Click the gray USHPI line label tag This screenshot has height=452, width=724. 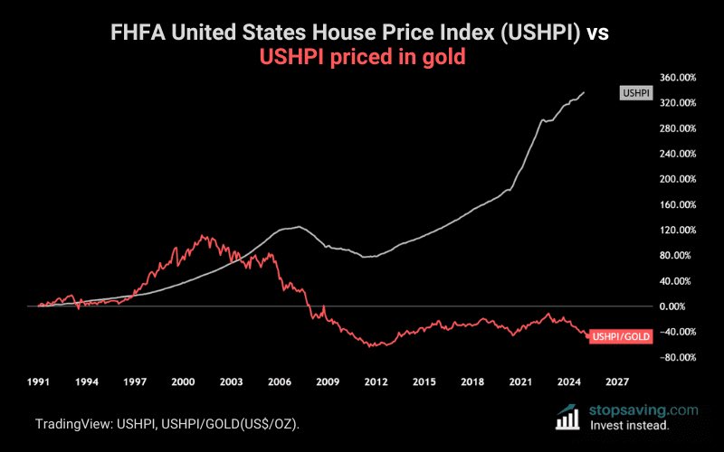click(x=633, y=93)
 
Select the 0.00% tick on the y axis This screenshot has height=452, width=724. click(x=679, y=306)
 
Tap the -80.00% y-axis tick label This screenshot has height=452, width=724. click(x=676, y=357)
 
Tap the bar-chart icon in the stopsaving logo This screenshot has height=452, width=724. click(x=567, y=417)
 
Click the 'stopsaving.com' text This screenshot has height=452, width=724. click(x=644, y=409)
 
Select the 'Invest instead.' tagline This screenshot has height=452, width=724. click(x=630, y=425)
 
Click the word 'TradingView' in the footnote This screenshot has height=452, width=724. click(x=73, y=424)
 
